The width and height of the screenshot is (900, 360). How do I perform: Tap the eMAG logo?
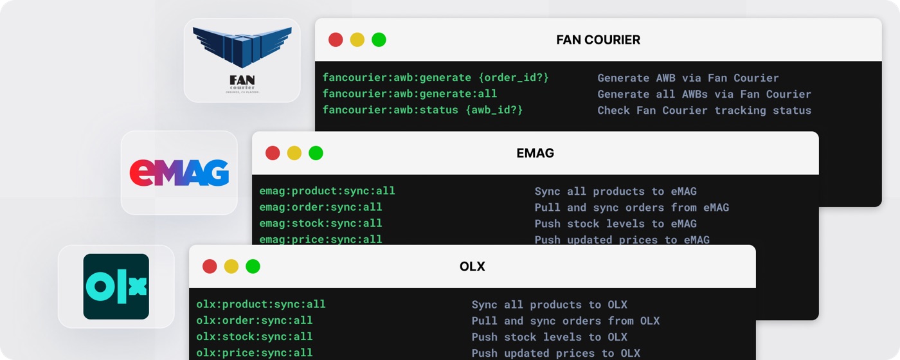click(x=179, y=173)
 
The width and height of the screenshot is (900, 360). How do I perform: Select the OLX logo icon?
click(x=116, y=287)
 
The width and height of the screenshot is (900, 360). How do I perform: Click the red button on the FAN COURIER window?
click(x=336, y=40)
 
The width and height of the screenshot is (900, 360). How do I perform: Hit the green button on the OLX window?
click(x=253, y=266)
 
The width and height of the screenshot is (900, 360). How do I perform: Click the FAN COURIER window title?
click(x=598, y=40)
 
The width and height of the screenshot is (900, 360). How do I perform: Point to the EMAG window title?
click(x=535, y=153)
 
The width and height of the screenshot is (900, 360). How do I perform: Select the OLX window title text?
click(x=472, y=266)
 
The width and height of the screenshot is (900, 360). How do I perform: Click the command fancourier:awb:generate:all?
click(x=410, y=94)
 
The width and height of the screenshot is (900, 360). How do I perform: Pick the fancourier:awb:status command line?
click(x=422, y=110)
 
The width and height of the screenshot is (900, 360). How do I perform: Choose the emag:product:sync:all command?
click(x=327, y=191)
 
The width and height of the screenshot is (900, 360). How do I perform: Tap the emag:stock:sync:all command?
click(x=321, y=224)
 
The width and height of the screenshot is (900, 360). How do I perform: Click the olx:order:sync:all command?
click(x=255, y=321)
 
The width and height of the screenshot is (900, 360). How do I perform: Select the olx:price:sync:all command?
click(x=255, y=353)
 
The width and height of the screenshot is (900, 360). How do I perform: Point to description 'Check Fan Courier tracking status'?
click(x=705, y=111)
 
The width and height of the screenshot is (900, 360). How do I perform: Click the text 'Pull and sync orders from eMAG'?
click(x=631, y=208)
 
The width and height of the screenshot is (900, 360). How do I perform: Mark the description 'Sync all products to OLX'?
click(x=549, y=305)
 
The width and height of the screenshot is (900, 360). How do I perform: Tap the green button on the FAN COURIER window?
click(x=379, y=40)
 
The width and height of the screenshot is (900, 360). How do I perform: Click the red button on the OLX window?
click(x=210, y=266)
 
